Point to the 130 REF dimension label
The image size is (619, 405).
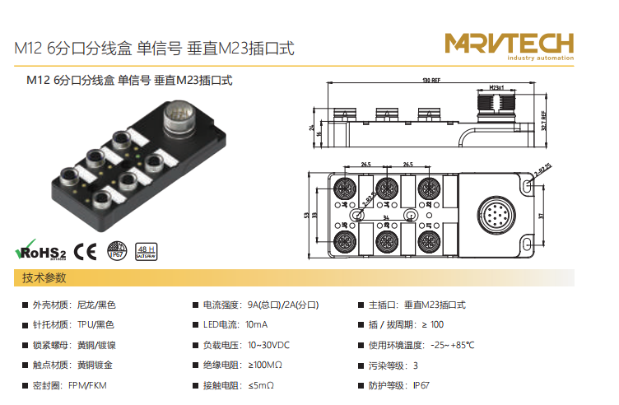click(431, 81)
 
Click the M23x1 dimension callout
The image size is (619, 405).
click(496, 86)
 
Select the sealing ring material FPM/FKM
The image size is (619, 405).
click(87, 385)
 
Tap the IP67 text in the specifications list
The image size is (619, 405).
click(421, 385)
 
